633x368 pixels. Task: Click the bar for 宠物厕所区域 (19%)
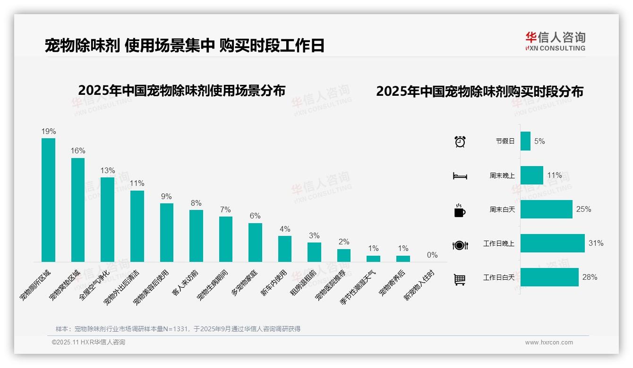48,200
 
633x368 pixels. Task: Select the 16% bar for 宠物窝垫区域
78,209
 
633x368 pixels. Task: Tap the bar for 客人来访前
196,235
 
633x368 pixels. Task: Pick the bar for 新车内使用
285,249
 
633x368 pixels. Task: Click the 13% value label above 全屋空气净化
107,170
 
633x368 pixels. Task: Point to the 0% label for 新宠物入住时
432,255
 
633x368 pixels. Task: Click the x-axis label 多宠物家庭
245,284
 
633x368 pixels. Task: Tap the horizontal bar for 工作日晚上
552,243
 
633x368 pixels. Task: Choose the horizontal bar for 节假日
525,141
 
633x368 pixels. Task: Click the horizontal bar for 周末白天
546,209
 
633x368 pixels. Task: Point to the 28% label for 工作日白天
590,277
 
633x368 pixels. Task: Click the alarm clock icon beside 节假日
460,142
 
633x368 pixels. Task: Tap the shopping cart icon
460,279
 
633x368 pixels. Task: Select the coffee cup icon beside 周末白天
460,210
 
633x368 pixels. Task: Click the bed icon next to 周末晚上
460,176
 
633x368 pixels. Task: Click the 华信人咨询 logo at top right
555,41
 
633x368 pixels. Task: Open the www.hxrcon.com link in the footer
549,343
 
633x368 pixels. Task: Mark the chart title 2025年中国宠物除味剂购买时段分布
479,91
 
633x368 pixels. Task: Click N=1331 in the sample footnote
175,329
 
